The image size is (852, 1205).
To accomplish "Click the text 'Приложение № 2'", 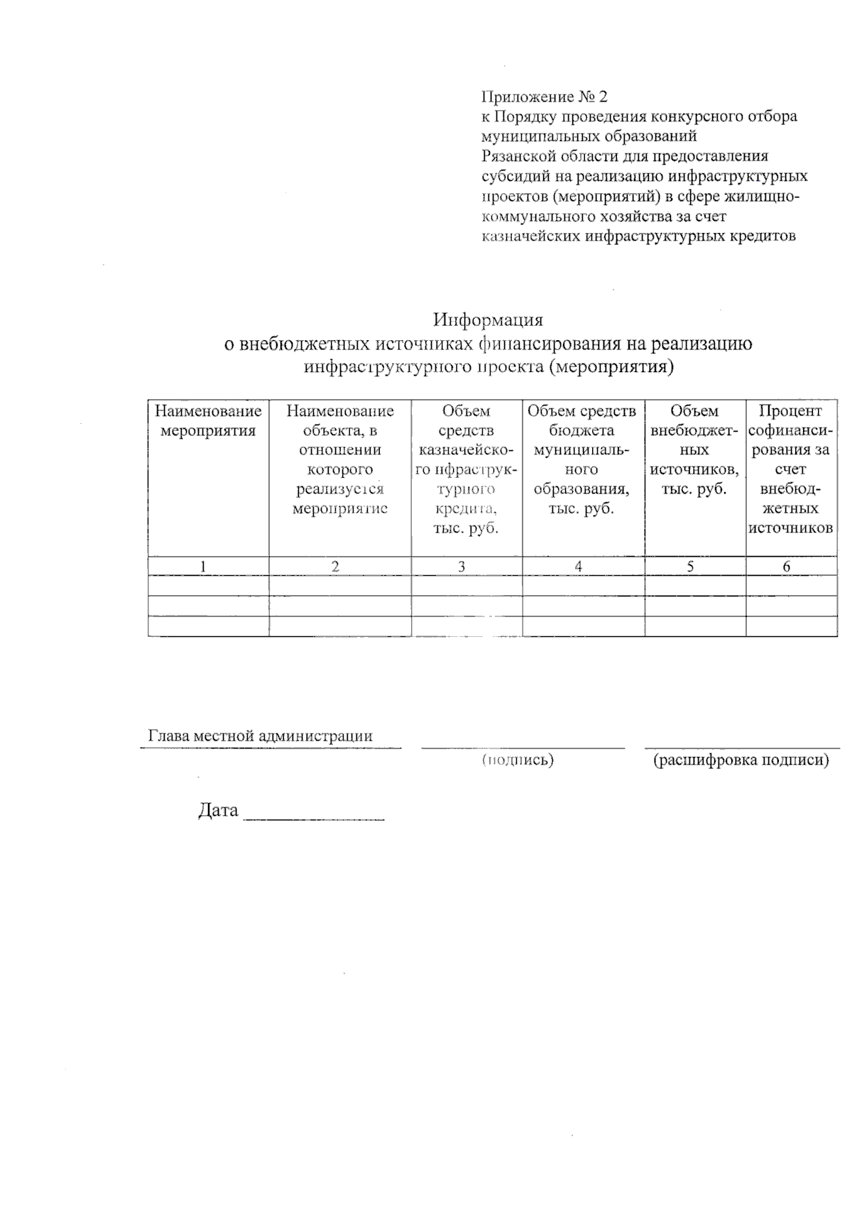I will [x=545, y=97].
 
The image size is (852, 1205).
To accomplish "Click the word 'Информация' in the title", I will [x=488, y=320].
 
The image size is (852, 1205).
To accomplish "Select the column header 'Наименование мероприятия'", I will [x=208, y=421].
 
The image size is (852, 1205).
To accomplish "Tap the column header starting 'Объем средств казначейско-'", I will [x=466, y=469].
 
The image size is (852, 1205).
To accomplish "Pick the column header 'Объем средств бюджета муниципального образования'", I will [x=581, y=459].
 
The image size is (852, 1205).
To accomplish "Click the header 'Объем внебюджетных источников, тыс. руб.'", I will [x=694, y=449].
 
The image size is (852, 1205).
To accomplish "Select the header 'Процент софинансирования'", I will [x=790, y=469].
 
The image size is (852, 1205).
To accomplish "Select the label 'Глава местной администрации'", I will [x=260, y=736].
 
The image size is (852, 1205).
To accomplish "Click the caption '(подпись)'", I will [x=518, y=760].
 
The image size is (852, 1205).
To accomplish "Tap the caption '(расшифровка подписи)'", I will [x=741, y=760].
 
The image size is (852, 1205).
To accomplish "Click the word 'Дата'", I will [x=218, y=811].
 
